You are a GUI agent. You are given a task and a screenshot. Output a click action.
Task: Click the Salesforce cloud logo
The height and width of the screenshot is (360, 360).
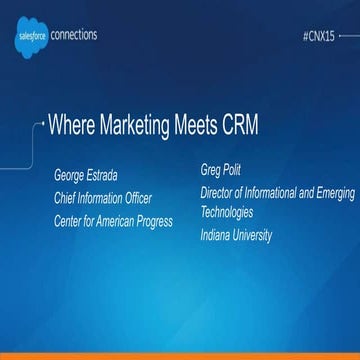coord(29,36)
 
